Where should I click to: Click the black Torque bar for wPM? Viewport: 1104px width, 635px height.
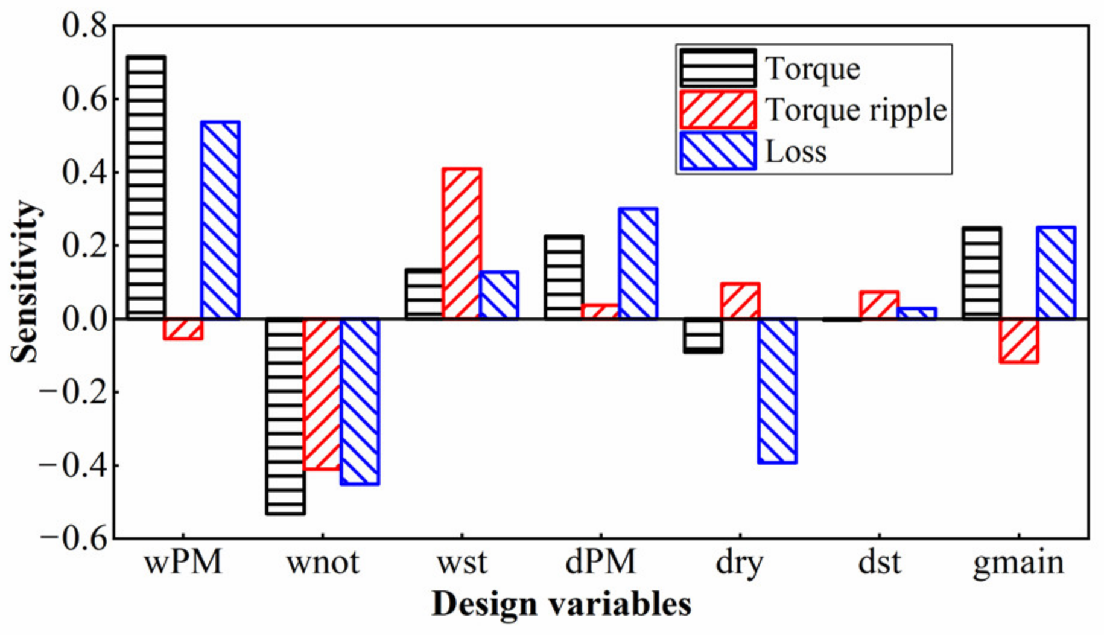(x=147, y=187)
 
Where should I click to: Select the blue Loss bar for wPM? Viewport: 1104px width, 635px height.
(x=221, y=220)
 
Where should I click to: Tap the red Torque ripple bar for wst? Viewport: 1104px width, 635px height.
(x=462, y=243)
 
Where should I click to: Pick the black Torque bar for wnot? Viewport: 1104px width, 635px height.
(x=285, y=416)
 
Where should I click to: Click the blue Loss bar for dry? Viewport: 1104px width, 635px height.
(x=777, y=391)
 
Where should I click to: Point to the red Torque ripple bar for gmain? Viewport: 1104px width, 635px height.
(x=1019, y=340)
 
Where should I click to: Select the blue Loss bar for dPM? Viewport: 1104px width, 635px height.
(x=638, y=263)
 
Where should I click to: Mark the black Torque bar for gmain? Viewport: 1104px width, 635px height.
(x=982, y=273)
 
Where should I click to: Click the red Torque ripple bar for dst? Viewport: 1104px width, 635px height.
(x=880, y=305)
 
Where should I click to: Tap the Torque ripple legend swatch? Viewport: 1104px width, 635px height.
(x=718, y=110)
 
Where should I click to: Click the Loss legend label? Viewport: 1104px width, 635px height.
(x=796, y=152)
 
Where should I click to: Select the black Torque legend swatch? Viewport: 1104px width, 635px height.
(x=718, y=68)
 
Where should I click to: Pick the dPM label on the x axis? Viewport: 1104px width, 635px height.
(x=601, y=563)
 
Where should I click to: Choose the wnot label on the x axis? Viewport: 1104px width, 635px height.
(x=323, y=563)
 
